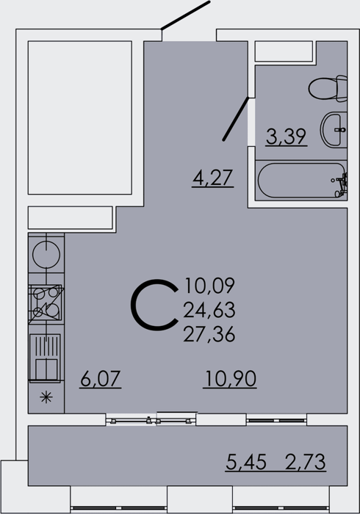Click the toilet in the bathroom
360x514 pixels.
(x=328, y=88)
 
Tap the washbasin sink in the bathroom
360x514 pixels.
(x=334, y=129)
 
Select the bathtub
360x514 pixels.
(x=301, y=181)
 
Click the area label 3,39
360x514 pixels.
(x=287, y=137)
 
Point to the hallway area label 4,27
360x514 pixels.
(x=213, y=178)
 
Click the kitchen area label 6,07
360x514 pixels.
(x=101, y=379)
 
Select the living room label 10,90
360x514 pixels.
(x=230, y=379)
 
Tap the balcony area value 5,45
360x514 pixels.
(x=246, y=462)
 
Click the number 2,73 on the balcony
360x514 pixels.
(x=305, y=462)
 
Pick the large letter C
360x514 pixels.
(x=154, y=305)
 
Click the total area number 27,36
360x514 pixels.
(x=209, y=335)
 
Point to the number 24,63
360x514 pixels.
(x=209, y=310)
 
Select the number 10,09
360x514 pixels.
(x=210, y=286)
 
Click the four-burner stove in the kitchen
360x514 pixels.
(x=46, y=303)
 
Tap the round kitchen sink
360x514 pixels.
(x=46, y=255)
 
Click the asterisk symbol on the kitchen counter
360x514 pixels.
(x=46, y=398)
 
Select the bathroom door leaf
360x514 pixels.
(x=235, y=119)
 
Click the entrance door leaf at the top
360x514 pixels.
(x=185, y=15)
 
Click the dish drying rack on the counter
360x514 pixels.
(x=46, y=358)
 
